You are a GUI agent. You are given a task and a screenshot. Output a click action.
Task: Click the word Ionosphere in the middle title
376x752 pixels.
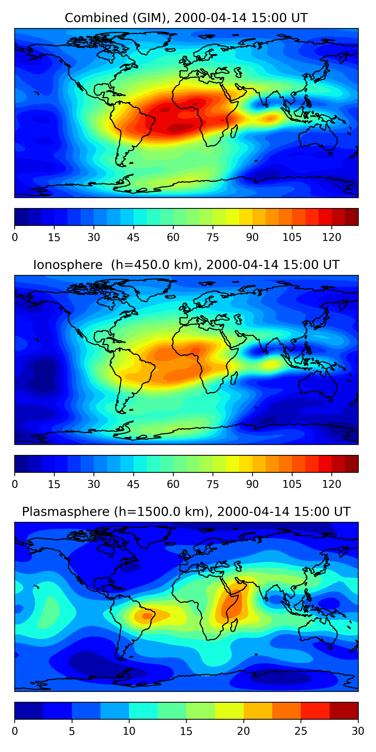pos(68,265)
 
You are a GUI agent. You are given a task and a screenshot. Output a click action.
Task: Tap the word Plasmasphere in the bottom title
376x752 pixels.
pos(66,512)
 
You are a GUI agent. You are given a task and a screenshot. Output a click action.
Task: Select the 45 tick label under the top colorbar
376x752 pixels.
pos(133,237)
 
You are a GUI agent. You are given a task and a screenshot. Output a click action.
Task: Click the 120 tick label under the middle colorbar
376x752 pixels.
pos(332,484)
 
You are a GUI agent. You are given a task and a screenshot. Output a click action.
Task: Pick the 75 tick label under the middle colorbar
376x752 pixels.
pos(213,484)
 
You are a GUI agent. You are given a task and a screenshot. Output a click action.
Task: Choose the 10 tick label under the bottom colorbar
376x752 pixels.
pos(129,731)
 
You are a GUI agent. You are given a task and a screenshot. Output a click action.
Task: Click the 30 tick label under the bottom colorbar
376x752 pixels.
pos(358,731)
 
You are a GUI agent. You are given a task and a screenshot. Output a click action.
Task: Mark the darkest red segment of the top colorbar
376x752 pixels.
pos(351,217)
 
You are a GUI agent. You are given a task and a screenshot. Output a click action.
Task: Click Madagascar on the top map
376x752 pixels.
pos(234,131)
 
